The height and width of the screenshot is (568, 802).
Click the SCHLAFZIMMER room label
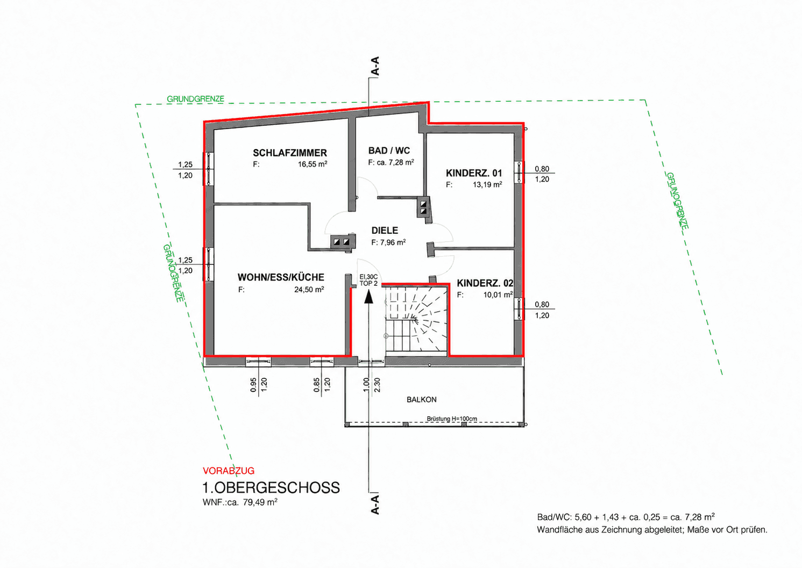289,153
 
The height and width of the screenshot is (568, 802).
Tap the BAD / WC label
389,151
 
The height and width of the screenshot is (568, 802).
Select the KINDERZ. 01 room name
474,173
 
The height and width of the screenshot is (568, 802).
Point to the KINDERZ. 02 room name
485,284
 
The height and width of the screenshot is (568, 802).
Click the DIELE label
385,230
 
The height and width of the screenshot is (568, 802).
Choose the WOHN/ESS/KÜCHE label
281,277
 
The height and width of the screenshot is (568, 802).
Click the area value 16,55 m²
313,165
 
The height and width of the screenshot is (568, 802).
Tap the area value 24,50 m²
309,290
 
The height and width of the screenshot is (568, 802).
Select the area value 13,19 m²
487,185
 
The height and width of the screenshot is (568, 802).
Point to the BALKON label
421,399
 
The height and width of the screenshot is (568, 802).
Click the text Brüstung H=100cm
452,418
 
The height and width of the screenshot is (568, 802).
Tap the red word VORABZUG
229,471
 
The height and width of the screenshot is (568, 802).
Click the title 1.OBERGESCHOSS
271,488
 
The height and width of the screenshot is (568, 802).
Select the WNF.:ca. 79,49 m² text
240,502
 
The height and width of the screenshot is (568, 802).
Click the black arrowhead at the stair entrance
368,297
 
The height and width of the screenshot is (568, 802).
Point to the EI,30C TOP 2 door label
368,281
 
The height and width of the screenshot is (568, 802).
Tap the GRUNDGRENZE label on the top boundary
195,99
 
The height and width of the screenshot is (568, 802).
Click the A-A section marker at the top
375,66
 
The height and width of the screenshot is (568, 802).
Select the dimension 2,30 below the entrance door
377,385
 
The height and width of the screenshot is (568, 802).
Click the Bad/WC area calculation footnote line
626,517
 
